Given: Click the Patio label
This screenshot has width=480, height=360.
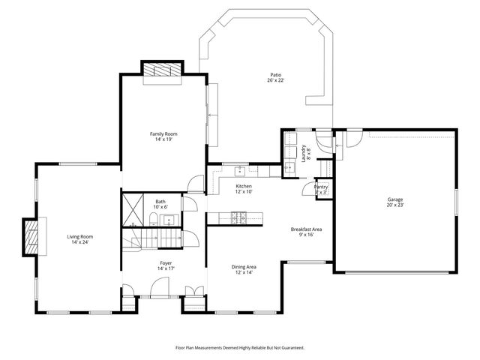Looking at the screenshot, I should [x=277, y=74].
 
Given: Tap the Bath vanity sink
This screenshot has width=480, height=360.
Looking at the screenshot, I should [x=169, y=220].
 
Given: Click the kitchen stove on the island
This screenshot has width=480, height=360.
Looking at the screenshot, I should [x=239, y=218].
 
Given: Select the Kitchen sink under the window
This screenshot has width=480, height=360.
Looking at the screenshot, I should [x=240, y=169].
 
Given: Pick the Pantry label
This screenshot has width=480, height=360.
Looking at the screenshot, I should [x=321, y=187].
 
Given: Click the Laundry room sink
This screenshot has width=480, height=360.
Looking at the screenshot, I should [x=289, y=168].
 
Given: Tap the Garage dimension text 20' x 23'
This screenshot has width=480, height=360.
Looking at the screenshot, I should [x=394, y=205].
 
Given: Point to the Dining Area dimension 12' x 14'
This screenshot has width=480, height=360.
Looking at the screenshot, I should [x=244, y=272].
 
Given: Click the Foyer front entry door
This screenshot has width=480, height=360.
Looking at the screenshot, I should [x=159, y=287].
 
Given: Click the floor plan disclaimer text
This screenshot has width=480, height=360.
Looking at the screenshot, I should [x=240, y=347].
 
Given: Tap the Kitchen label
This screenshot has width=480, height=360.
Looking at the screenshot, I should [x=244, y=186].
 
